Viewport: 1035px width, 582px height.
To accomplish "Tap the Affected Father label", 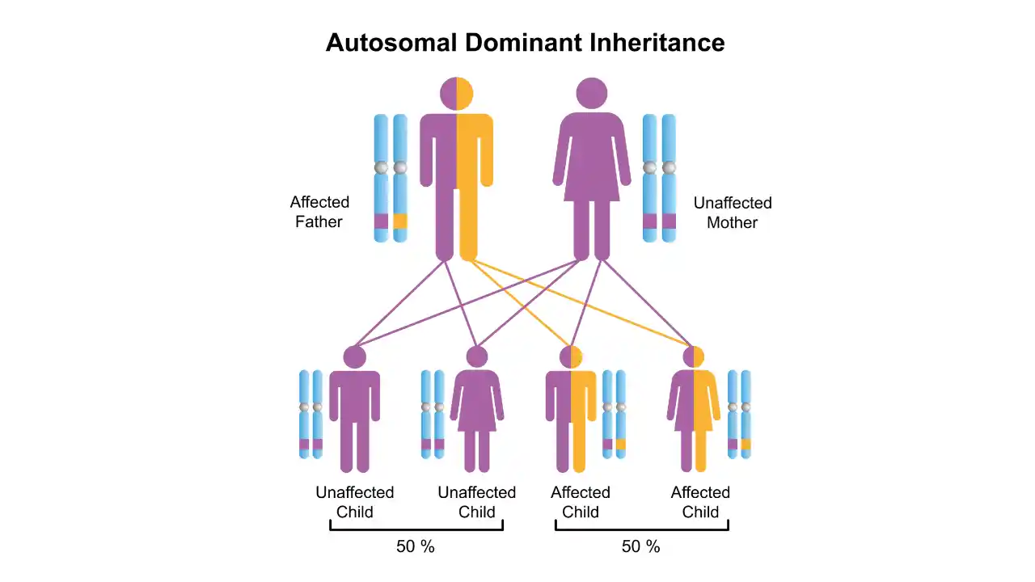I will click(x=319, y=212).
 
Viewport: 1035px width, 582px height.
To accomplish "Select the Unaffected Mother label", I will click(x=732, y=213).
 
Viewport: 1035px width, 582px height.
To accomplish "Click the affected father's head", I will click(x=456, y=94).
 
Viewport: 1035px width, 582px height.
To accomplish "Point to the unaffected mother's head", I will click(x=593, y=94).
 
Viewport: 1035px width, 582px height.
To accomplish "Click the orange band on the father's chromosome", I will click(x=400, y=221).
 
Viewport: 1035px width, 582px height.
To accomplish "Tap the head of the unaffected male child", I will click(x=354, y=356).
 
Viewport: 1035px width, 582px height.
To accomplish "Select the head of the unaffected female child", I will click(x=477, y=356).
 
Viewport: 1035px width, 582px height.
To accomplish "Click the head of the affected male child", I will click(x=571, y=356).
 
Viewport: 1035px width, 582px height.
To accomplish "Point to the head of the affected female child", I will click(x=693, y=356).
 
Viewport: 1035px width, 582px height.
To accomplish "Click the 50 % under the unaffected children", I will click(x=416, y=546).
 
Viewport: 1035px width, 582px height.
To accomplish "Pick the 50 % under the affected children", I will click(x=641, y=546).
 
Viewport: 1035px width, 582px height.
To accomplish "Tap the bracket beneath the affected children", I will click(x=641, y=529).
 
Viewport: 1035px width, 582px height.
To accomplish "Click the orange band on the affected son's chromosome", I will click(x=620, y=444).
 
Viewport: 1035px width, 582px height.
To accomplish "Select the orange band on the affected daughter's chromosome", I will click(x=746, y=444).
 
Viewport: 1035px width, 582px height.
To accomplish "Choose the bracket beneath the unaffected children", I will click(x=416, y=529).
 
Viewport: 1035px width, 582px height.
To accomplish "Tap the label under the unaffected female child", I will click(x=476, y=502).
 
